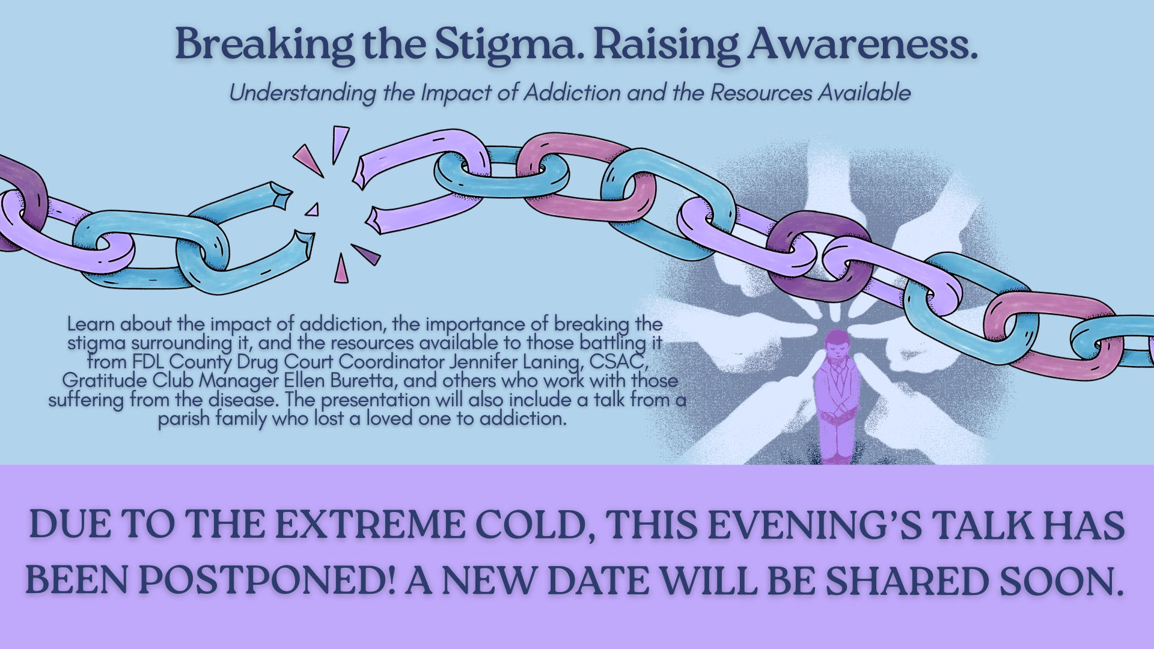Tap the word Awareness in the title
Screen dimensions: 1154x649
point(862,44)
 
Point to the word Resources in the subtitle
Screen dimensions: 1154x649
point(761,93)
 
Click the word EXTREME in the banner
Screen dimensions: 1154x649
point(370,525)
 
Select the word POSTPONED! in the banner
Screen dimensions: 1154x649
point(267,580)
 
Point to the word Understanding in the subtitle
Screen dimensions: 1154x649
point(302,93)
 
